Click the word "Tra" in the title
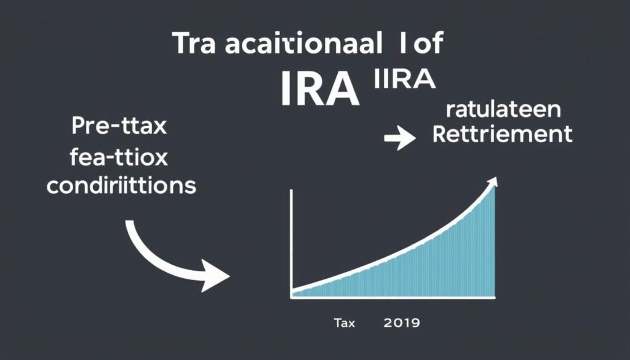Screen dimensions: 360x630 click(x=194, y=46)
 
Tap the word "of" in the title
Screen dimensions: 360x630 click(x=424, y=46)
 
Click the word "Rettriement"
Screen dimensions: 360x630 click(x=503, y=134)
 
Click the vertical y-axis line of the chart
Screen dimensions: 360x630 click(x=290, y=240)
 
